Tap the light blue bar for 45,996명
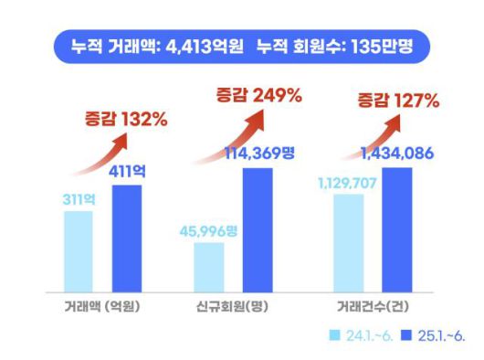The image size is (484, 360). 209,262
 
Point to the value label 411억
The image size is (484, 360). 129,171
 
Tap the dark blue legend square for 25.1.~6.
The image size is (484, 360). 405,334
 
